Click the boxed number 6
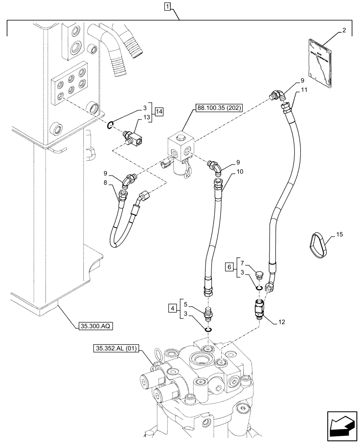pyautogui.click(x=229, y=267)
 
